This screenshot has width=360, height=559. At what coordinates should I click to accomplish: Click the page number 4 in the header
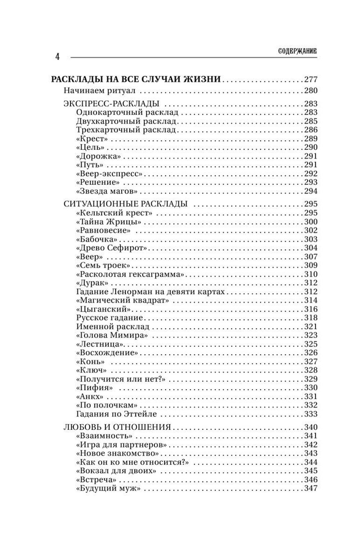tap(57, 57)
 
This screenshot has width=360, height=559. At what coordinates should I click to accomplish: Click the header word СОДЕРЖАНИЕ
tap(297, 52)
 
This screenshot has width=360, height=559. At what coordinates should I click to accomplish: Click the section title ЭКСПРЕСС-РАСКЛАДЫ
tap(111, 104)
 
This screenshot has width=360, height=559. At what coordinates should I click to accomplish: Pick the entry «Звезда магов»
tap(107, 191)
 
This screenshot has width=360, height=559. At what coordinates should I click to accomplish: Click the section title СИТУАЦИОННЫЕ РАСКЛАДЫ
tap(126, 204)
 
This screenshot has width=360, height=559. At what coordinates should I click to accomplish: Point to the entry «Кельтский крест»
tap(114, 213)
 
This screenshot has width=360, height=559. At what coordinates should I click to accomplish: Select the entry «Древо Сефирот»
tap(112, 248)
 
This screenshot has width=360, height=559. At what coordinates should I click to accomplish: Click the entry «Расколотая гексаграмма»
tap(130, 274)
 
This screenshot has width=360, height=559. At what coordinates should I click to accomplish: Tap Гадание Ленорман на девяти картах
tap(150, 292)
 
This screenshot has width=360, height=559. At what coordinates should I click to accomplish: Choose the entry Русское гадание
tap(110, 318)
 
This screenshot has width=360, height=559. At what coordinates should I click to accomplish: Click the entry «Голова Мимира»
tap(112, 335)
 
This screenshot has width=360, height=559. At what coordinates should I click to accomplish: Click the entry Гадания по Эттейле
tap(116, 414)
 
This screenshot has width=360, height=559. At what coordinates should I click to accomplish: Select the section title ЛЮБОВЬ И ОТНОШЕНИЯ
tap(117, 427)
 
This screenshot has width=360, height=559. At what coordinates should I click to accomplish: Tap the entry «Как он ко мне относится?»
tap(133, 462)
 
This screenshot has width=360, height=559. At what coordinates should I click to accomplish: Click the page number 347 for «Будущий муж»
tap(310, 488)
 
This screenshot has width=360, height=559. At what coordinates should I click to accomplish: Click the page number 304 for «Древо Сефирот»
tap(310, 248)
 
